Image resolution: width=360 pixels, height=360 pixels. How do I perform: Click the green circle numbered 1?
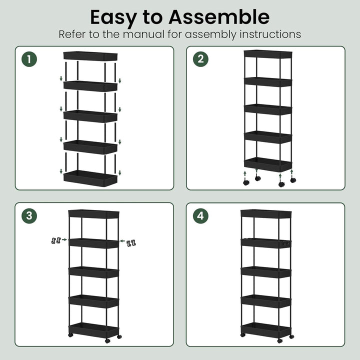tap(29, 59)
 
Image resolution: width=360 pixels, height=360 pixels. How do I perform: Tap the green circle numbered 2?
tap(200, 59)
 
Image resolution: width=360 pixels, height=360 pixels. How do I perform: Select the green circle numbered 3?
tap(29, 216)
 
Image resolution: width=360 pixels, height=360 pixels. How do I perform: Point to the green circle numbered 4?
tap(200, 216)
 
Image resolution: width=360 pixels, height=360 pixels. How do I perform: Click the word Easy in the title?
tap(113, 18)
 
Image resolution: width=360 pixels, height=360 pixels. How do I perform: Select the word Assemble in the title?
tap(219, 17)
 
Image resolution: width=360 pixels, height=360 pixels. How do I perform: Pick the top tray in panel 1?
tap(90, 56)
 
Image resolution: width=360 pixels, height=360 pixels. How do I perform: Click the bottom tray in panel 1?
tap(90, 178)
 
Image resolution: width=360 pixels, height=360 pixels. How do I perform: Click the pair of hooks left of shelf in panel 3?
tap(56, 240)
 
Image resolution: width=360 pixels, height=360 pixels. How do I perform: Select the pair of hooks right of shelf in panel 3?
tap(131, 243)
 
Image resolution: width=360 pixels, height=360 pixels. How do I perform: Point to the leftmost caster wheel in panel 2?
tap(246, 183)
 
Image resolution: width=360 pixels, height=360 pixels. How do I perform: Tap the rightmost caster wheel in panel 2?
tap(293, 180)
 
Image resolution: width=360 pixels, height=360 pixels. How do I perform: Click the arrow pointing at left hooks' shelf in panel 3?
tap(64, 239)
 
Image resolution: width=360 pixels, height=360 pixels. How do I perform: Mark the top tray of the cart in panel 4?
tap(266, 214)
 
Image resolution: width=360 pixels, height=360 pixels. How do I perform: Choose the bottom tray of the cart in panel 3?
tap(94, 330)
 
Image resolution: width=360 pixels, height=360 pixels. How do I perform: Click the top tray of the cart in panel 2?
tap(268, 54)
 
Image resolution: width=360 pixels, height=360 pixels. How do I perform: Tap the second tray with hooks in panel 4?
tap(266, 243)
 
